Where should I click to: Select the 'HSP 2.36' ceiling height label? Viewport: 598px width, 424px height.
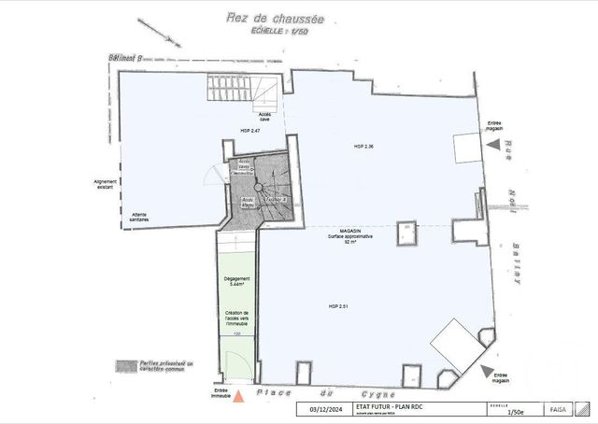[364, 147]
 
